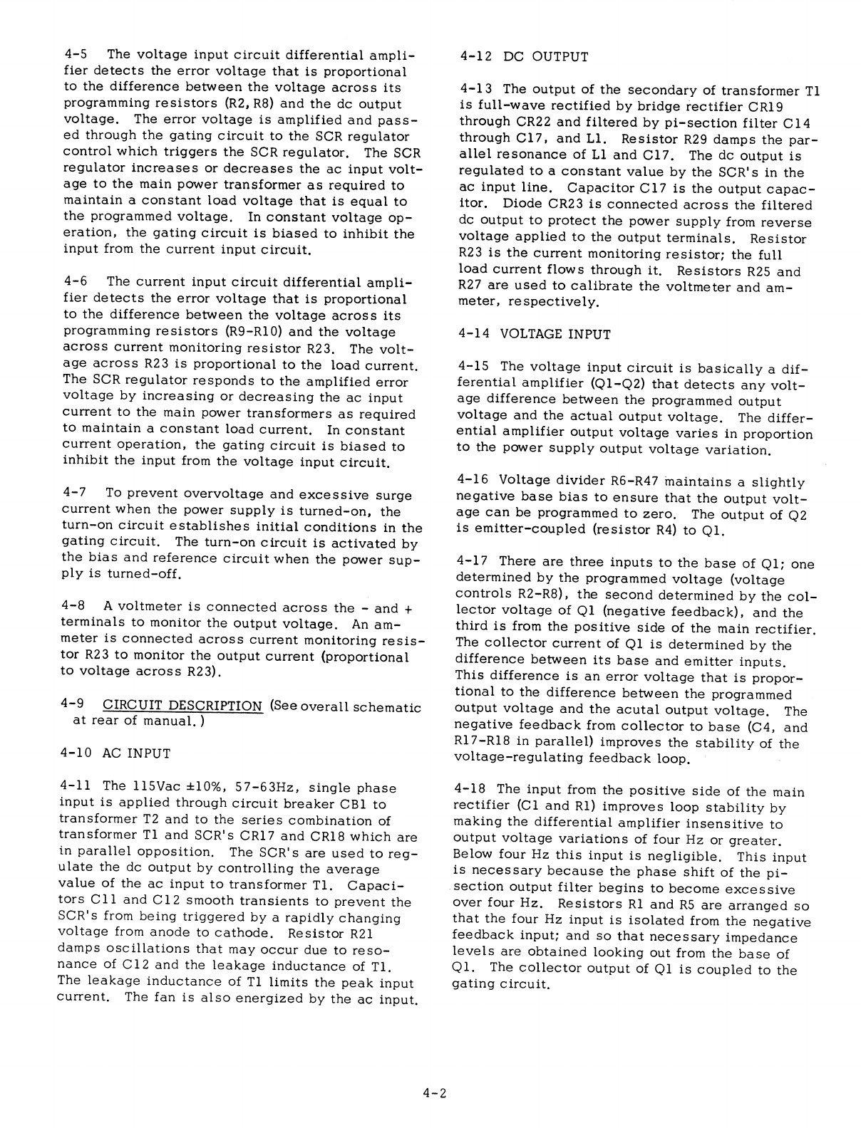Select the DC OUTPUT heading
click(525, 57)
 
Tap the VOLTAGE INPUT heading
click(535, 333)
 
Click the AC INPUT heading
click(117, 753)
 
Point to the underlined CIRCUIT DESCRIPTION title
click(182, 706)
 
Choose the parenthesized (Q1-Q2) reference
click(612, 384)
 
